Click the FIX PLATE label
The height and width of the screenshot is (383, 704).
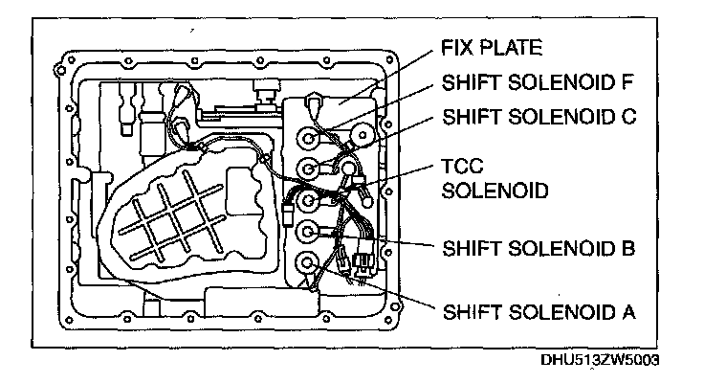tap(491, 48)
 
